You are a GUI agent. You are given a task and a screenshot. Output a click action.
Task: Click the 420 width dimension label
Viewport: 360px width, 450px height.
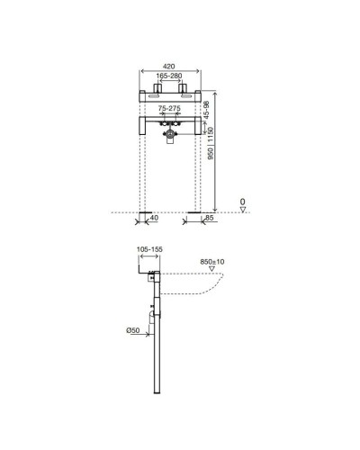click(x=169, y=66)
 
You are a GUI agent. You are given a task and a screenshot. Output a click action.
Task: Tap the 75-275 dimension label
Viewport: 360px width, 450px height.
click(x=169, y=107)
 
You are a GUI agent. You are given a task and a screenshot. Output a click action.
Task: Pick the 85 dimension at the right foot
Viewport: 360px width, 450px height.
click(x=209, y=217)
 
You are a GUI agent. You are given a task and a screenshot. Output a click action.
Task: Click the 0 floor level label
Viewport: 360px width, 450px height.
click(x=243, y=202)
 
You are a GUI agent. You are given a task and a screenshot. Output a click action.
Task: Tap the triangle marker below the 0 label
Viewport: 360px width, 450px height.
click(x=243, y=210)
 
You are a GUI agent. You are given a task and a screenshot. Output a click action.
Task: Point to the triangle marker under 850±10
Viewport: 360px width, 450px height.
click(x=210, y=269)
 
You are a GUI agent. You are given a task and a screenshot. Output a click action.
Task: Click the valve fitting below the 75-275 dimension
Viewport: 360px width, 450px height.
click(x=169, y=133)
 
